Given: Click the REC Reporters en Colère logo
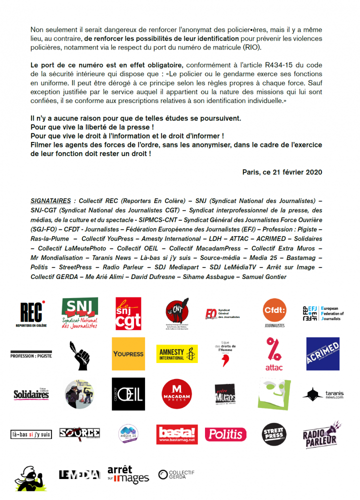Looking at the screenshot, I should [x=31, y=314].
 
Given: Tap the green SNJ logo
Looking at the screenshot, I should [x=79, y=313].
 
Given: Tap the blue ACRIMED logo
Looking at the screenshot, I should [x=322, y=353].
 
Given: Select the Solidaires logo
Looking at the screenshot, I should [x=31, y=394].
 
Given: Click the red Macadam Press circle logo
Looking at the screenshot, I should [x=177, y=394].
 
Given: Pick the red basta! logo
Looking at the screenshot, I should [x=177, y=434].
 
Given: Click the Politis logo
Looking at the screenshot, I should [x=225, y=434].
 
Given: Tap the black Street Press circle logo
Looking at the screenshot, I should [x=274, y=433].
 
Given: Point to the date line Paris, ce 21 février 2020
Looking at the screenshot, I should [x=282, y=171].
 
